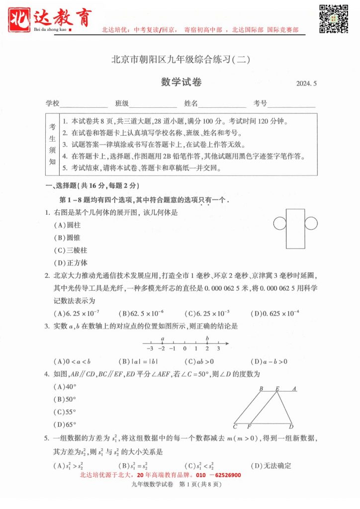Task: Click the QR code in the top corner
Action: pos(333,18)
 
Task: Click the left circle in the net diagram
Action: pos(279,224)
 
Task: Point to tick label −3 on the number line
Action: pos(150,348)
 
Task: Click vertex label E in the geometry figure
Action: pos(277,389)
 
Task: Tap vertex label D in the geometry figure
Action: pos(291,426)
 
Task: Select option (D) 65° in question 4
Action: pos(65,424)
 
